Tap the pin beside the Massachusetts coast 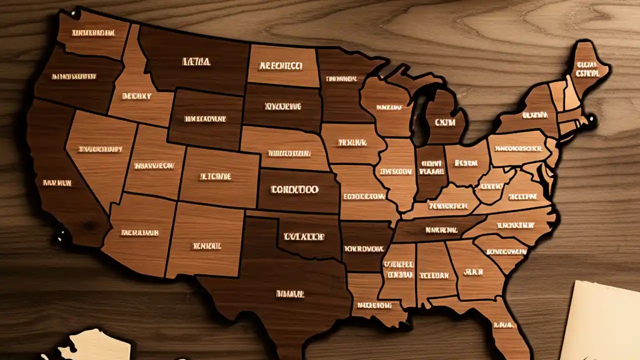[x=591, y=119]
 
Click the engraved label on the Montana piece [x=196, y=62]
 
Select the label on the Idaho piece [x=136, y=95]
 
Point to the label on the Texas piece [x=289, y=294]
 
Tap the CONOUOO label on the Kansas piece [x=294, y=190]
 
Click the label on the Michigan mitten [x=445, y=122]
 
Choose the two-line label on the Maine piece [x=587, y=69]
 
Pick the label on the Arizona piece [x=139, y=232]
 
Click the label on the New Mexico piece [x=206, y=245]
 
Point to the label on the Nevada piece [x=100, y=149]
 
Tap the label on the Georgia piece [x=472, y=272]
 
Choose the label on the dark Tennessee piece [x=441, y=230]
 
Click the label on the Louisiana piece [x=374, y=304]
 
